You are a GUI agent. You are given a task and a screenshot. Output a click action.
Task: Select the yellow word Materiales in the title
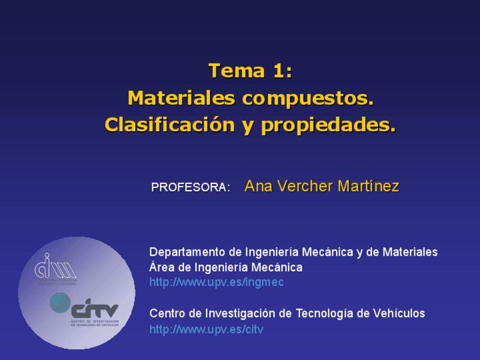[x=181, y=98]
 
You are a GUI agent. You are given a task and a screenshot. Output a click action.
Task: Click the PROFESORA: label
[x=190, y=187]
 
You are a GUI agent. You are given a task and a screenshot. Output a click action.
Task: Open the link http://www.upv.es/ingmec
[x=216, y=282]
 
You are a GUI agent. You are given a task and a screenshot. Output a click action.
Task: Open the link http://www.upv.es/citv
[x=206, y=329]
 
